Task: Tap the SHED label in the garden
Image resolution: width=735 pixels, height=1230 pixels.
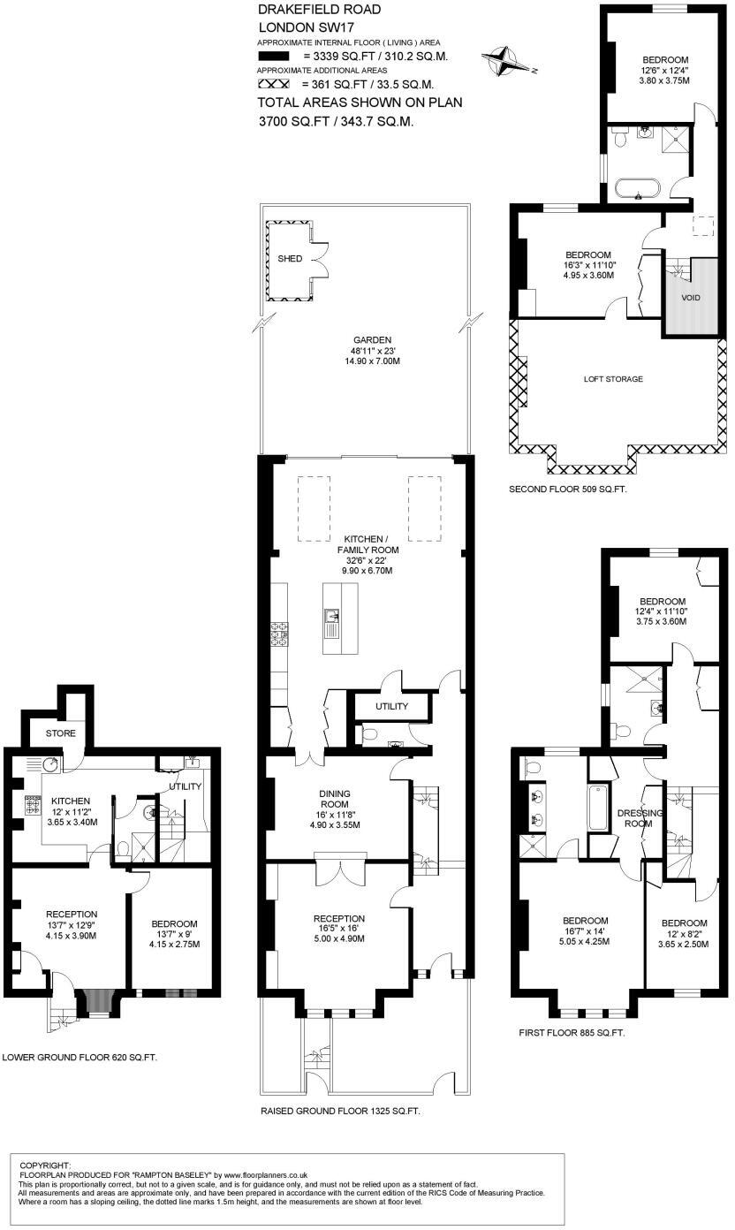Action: (290, 259)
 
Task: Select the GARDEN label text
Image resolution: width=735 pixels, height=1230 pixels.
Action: (372, 340)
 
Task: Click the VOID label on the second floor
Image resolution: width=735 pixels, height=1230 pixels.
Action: (690, 298)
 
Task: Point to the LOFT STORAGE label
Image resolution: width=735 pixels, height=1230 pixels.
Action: (612, 379)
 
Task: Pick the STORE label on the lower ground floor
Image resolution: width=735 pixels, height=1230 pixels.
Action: (61, 733)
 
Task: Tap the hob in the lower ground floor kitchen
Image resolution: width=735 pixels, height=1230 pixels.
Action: (34, 805)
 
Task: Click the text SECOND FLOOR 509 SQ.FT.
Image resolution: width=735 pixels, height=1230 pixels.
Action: (568, 489)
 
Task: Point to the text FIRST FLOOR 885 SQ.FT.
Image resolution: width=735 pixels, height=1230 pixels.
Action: (572, 1031)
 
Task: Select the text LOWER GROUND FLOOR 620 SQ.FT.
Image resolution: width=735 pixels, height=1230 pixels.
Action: (80, 1057)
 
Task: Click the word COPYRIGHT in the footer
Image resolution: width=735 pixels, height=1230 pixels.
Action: (45, 1165)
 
